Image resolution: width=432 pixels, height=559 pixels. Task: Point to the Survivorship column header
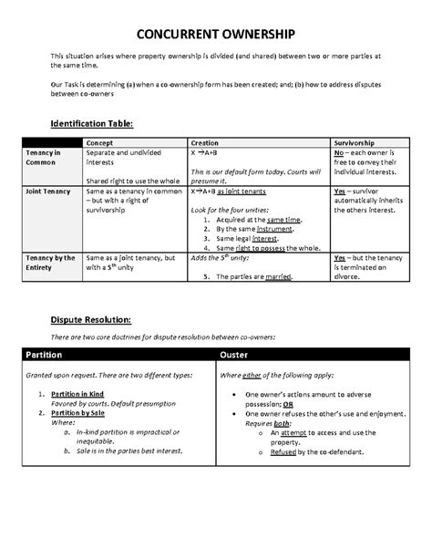coord(356,143)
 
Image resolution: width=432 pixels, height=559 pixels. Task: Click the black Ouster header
coord(237,354)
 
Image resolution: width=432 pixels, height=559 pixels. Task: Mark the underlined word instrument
coord(264,229)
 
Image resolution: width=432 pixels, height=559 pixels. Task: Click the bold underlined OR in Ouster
coord(287,403)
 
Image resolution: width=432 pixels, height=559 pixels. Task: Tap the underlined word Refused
coord(287,451)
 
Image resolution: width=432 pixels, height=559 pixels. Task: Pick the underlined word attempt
coord(293,433)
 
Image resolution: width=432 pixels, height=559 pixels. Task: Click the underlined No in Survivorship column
coord(339,154)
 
